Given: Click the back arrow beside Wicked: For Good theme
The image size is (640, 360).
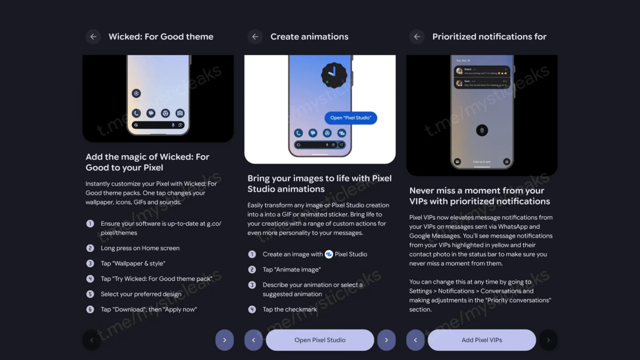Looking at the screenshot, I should (93, 37).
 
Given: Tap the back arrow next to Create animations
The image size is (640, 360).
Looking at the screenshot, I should (255, 37).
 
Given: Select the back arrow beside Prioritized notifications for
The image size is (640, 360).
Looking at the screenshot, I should (417, 37).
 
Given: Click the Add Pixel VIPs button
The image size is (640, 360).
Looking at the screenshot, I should (482, 340).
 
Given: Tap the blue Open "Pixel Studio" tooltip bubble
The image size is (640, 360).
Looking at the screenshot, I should (351, 118).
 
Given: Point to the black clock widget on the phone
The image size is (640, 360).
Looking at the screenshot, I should (334, 75).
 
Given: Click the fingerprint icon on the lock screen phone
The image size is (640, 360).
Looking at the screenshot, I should (482, 130).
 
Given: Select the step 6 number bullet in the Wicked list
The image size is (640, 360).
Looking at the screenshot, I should (90, 309).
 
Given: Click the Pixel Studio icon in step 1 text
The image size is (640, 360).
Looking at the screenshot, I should (329, 254).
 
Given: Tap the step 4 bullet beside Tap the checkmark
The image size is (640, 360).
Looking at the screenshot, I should (252, 309).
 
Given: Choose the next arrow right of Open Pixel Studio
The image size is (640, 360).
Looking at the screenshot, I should (386, 340).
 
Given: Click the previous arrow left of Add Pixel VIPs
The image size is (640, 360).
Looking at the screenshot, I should (415, 340).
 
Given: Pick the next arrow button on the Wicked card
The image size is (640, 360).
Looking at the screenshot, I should (225, 340).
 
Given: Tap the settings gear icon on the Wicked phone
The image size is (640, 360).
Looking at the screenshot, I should (136, 93).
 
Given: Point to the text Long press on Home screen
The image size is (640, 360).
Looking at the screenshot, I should (140, 248).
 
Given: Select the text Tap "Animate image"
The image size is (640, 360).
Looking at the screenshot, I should (292, 270).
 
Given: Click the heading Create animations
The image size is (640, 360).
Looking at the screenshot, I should (309, 37).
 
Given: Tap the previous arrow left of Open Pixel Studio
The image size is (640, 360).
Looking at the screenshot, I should (254, 340).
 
